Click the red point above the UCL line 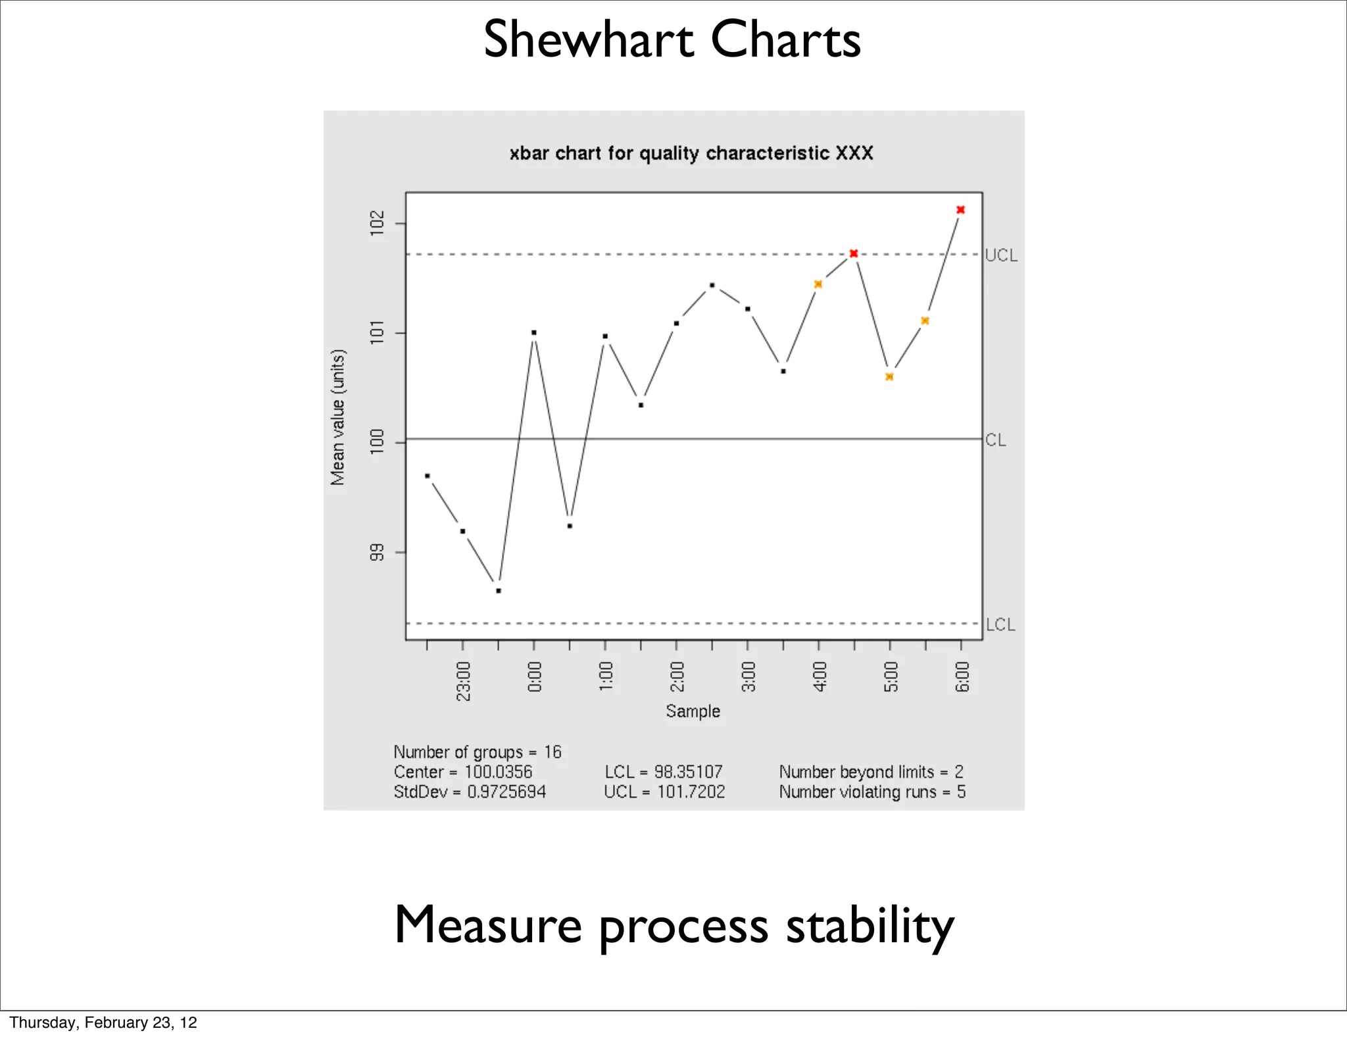pyautogui.click(x=960, y=210)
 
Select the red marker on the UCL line pyautogui.click(x=854, y=253)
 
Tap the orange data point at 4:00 pyautogui.click(x=818, y=284)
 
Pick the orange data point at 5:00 pyautogui.click(x=889, y=377)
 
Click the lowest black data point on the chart pyautogui.click(x=499, y=591)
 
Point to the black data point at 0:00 pyautogui.click(x=534, y=332)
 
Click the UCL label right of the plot pyautogui.click(x=1001, y=255)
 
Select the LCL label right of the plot pyautogui.click(x=1000, y=624)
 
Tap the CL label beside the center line pyautogui.click(x=996, y=440)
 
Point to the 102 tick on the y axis pyautogui.click(x=377, y=223)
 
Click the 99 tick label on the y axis pyautogui.click(x=377, y=552)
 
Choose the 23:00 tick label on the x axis pyautogui.click(x=464, y=681)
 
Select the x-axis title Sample pyautogui.click(x=693, y=711)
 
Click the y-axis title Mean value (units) pyautogui.click(x=337, y=417)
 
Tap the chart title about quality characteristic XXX pyautogui.click(x=691, y=153)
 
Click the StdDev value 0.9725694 pyautogui.click(x=506, y=792)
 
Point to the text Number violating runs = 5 pyautogui.click(x=872, y=792)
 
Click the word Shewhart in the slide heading pyautogui.click(x=589, y=39)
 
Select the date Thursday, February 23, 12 pyautogui.click(x=103, y=1022)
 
